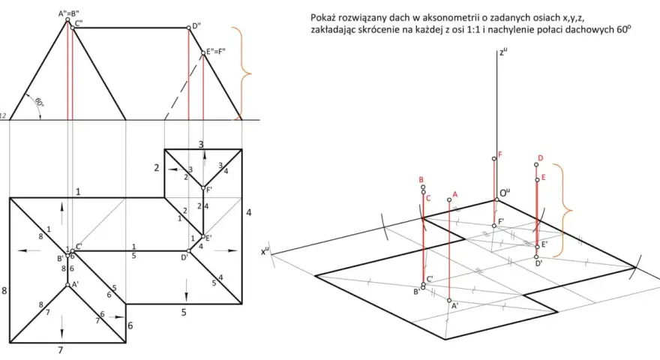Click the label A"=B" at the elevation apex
click(x=68, y=14)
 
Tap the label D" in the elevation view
click(x=196, y=26)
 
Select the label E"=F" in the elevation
click(x=215, y=52)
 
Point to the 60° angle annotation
click(x=38, y=102)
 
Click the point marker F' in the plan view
click(x=203, y=187)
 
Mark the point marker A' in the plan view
click(x=67, y=285)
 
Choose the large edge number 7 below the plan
click(x=60, y=350)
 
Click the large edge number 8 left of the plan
click(x=4, y=290)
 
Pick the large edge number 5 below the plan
click(x=184, y=313)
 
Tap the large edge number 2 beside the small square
click(x=157, y=167)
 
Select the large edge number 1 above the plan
click(x=78, y=192)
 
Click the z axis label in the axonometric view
click(x=503, y=52)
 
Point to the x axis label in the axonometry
click(x=265, y=251)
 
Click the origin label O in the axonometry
click(x=504, y=193)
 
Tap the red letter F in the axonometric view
click(x=500, y=154)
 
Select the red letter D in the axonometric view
click(x=541, y=158)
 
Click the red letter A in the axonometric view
click(x=455, y=194)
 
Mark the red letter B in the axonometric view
click(x=421, y=180)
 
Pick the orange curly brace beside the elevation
click(x=245, y=73)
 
